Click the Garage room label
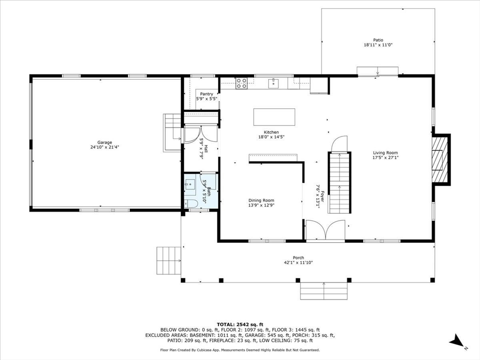[x=105, y=142]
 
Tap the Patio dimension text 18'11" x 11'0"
[x=378, y=45]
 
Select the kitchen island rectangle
[x=274, y=117]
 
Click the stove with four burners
[x=241, y=83]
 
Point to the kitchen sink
[x=273, y=83]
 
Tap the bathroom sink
[x=190, y=185]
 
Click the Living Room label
[x=385, y=153]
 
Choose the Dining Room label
[x=261, y=201]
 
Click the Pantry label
[x=207, y=94]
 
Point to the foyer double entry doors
[x=326, y=230]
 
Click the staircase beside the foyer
[x=339, y=183]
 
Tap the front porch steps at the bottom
[x=324, y=291]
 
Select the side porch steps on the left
[x=169, y=260]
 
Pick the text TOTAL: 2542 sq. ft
[x=240, y=324]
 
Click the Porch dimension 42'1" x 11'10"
[x=299, y=262]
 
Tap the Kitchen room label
[x=271, y=132]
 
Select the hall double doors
[x=201, y=135]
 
